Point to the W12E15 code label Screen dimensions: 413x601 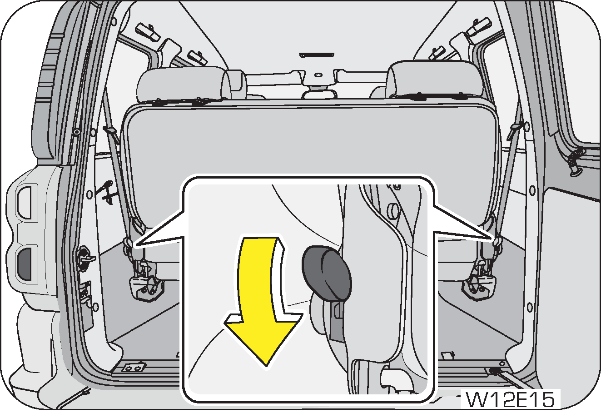click(x=511, y=399)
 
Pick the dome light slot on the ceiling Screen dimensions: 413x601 click(x=317, y=55)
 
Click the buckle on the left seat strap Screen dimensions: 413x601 click(x=110, y=132)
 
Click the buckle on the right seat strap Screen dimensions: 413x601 click(x=515, y=129)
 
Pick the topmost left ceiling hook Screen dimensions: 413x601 click(x=147, y=31)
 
